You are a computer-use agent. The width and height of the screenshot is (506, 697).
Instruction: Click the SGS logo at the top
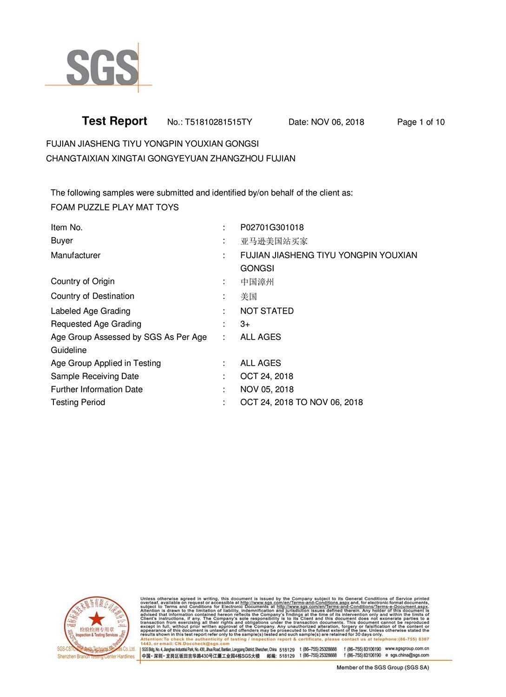[102, 68]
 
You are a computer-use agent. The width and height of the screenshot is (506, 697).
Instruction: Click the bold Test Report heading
[114, 121]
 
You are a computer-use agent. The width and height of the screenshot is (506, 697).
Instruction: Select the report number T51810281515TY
[218, 122]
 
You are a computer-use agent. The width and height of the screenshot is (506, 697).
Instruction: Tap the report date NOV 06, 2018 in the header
[337, 122]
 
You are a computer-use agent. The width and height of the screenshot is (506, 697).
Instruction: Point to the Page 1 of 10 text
[421, 122]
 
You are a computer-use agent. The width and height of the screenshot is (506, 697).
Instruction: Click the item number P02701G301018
[272, 227]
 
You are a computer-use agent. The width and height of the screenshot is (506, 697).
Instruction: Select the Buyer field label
[62, 241]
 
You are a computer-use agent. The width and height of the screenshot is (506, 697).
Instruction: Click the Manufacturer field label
[75, 255]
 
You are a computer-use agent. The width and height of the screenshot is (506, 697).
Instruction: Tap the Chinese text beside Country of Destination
[249, 296]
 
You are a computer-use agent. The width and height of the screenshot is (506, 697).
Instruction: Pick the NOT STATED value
[267, 311]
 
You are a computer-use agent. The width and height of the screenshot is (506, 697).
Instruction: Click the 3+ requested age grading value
[245, 324]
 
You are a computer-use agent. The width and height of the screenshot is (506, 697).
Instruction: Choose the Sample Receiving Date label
[95, 376]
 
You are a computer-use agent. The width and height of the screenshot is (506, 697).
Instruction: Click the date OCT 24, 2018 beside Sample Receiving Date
[267, 376]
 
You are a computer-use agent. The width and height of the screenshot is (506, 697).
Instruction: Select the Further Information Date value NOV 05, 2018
[267, 389]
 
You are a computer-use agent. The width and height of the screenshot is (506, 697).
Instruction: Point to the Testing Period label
[78, 402]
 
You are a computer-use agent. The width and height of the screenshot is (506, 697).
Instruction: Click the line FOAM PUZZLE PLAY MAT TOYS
[114, 207]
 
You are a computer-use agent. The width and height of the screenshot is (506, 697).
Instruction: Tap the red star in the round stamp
[97, 618]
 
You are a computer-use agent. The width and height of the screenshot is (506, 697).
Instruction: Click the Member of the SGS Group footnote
[382, 668]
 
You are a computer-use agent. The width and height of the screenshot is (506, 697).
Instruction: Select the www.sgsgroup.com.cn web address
[407, 649]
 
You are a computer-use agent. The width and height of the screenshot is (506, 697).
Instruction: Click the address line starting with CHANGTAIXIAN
[171, 158]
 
